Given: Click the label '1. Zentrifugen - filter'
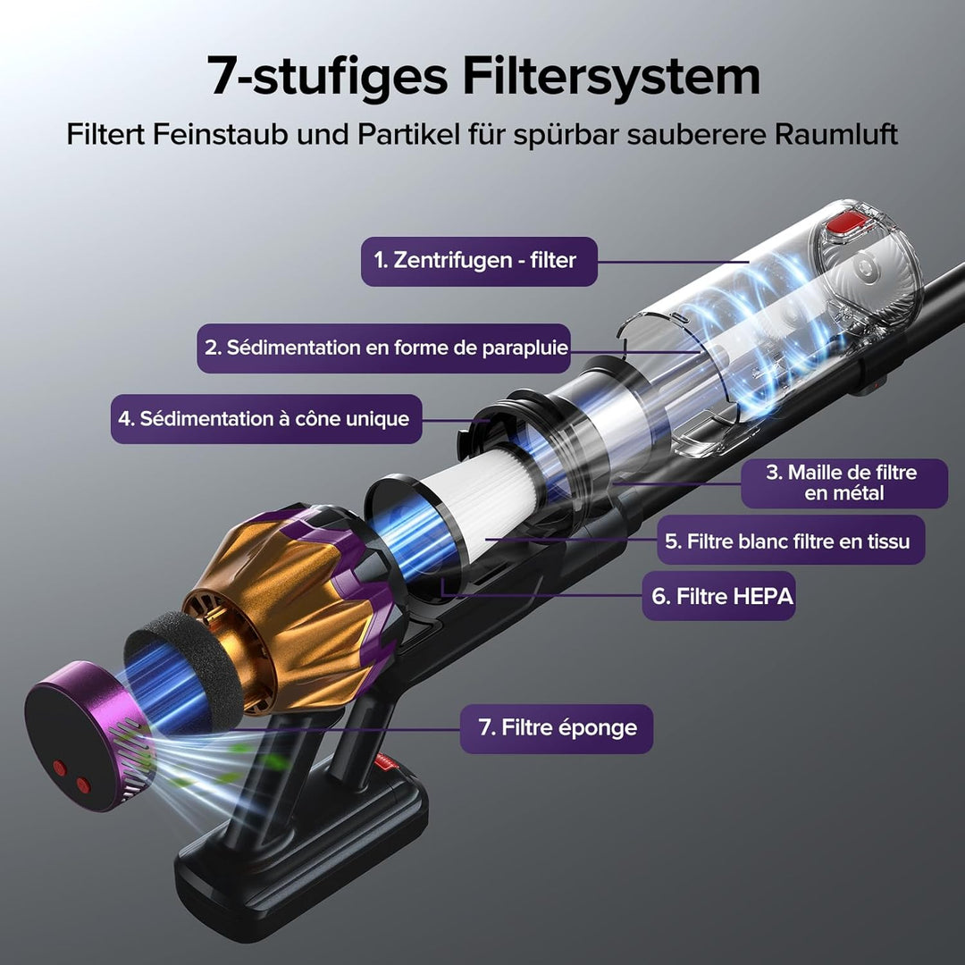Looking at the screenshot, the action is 479,261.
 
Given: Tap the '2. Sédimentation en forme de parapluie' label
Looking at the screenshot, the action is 384,348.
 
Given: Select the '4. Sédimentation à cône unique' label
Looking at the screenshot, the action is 266,418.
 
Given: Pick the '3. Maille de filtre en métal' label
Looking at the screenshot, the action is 843,483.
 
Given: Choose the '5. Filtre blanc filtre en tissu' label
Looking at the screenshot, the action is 791,540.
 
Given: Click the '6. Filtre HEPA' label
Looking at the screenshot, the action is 718,596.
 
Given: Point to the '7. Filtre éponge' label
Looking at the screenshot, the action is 557,729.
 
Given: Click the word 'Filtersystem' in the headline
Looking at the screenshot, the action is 611,76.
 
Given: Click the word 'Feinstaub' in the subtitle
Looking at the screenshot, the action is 220,133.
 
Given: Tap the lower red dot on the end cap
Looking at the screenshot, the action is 83,785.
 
